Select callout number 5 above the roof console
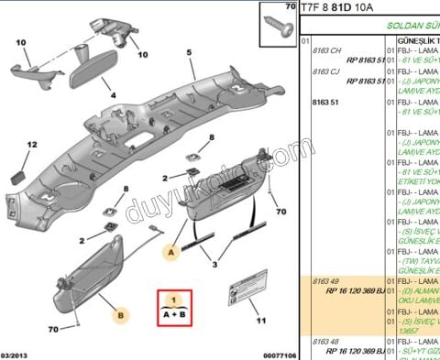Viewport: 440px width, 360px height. click(x=189, y=52)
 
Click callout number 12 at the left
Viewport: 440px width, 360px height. click(x=31, y=145)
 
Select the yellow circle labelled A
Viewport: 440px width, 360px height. click(x=169, y=248)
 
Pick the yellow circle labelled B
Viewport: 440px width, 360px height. click(x=119, y=316)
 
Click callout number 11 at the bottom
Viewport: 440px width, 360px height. click(x=260, y=321)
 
